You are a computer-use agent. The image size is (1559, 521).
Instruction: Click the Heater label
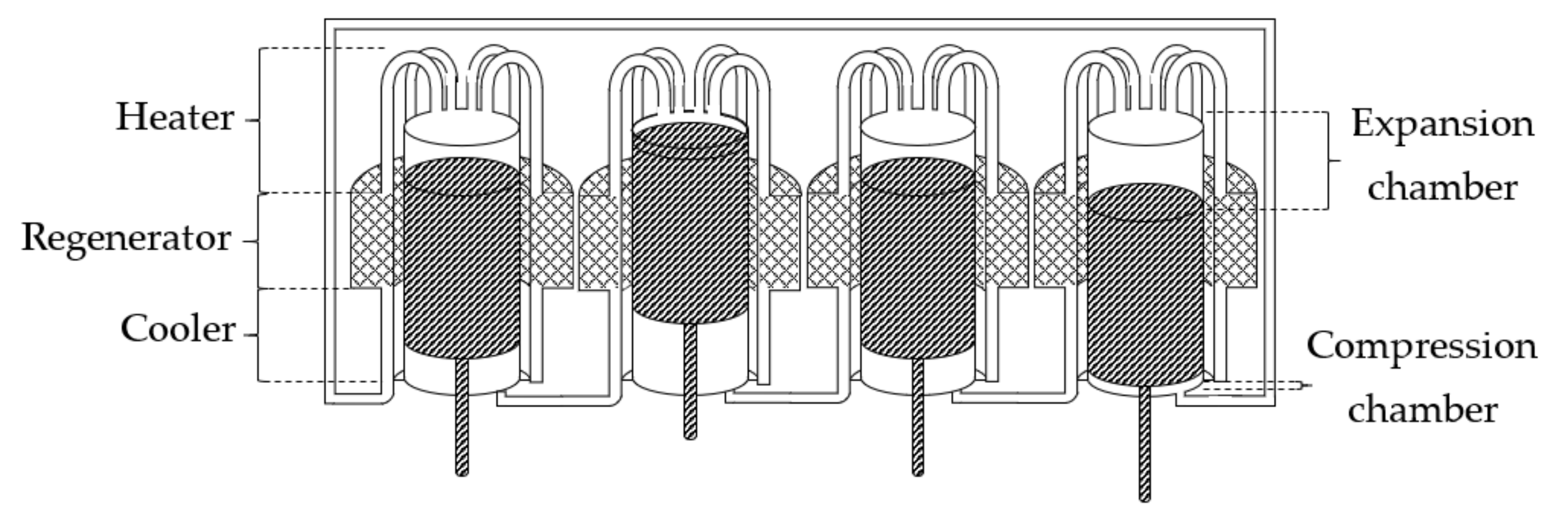coord(174,117)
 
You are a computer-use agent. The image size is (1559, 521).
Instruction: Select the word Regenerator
coord(126,238)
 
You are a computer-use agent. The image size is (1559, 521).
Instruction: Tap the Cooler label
coord(177,330)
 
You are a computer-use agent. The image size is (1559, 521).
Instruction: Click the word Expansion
coord(1442,124)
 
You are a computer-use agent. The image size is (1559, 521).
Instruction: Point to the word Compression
coord(1421,347)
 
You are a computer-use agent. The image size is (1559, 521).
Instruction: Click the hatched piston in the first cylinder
coord(461,260)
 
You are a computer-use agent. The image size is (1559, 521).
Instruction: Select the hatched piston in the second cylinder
coord(689,224)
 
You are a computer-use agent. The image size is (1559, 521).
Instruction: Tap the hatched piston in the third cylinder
coord(917,260)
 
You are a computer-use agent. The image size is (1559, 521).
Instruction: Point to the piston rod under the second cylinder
coord(689,381)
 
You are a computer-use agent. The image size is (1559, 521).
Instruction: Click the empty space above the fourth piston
coord(1145,163)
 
